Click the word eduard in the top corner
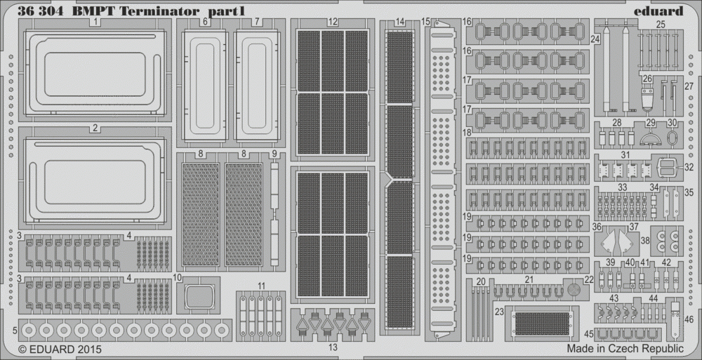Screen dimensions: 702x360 658,11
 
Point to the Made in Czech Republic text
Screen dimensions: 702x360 625,348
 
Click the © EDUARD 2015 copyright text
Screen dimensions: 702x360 60,349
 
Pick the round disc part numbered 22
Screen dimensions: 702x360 574,289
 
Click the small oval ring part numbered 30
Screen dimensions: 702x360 672,138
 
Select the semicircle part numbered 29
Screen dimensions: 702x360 651,139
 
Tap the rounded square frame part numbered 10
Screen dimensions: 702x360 199,296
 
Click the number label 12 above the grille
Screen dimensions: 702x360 332,22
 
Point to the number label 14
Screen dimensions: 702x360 400,22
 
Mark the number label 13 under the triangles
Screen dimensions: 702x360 333,347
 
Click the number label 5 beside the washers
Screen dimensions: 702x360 15,331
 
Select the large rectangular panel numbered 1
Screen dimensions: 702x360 95,71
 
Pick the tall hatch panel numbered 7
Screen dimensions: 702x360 257,86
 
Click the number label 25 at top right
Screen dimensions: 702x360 661,25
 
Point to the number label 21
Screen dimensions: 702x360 529,280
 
